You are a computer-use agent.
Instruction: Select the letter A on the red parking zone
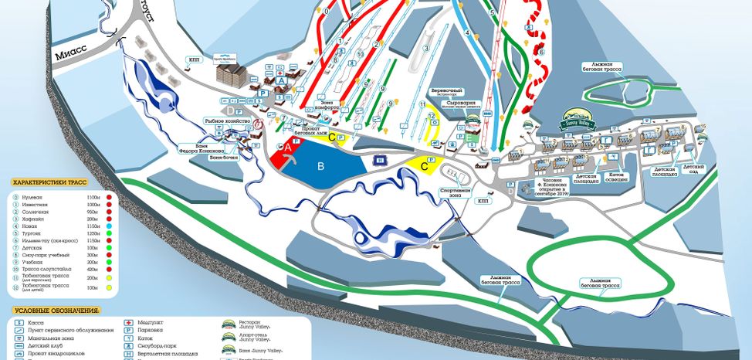[x=286, y=146]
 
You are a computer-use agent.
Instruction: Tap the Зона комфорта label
[x=329, y=106]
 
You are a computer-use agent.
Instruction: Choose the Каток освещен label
[x=616, y=178]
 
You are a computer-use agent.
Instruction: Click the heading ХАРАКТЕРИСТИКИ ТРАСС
[x=49, y=182]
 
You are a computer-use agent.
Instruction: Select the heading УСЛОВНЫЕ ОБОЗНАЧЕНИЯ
[x=56, y=311]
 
